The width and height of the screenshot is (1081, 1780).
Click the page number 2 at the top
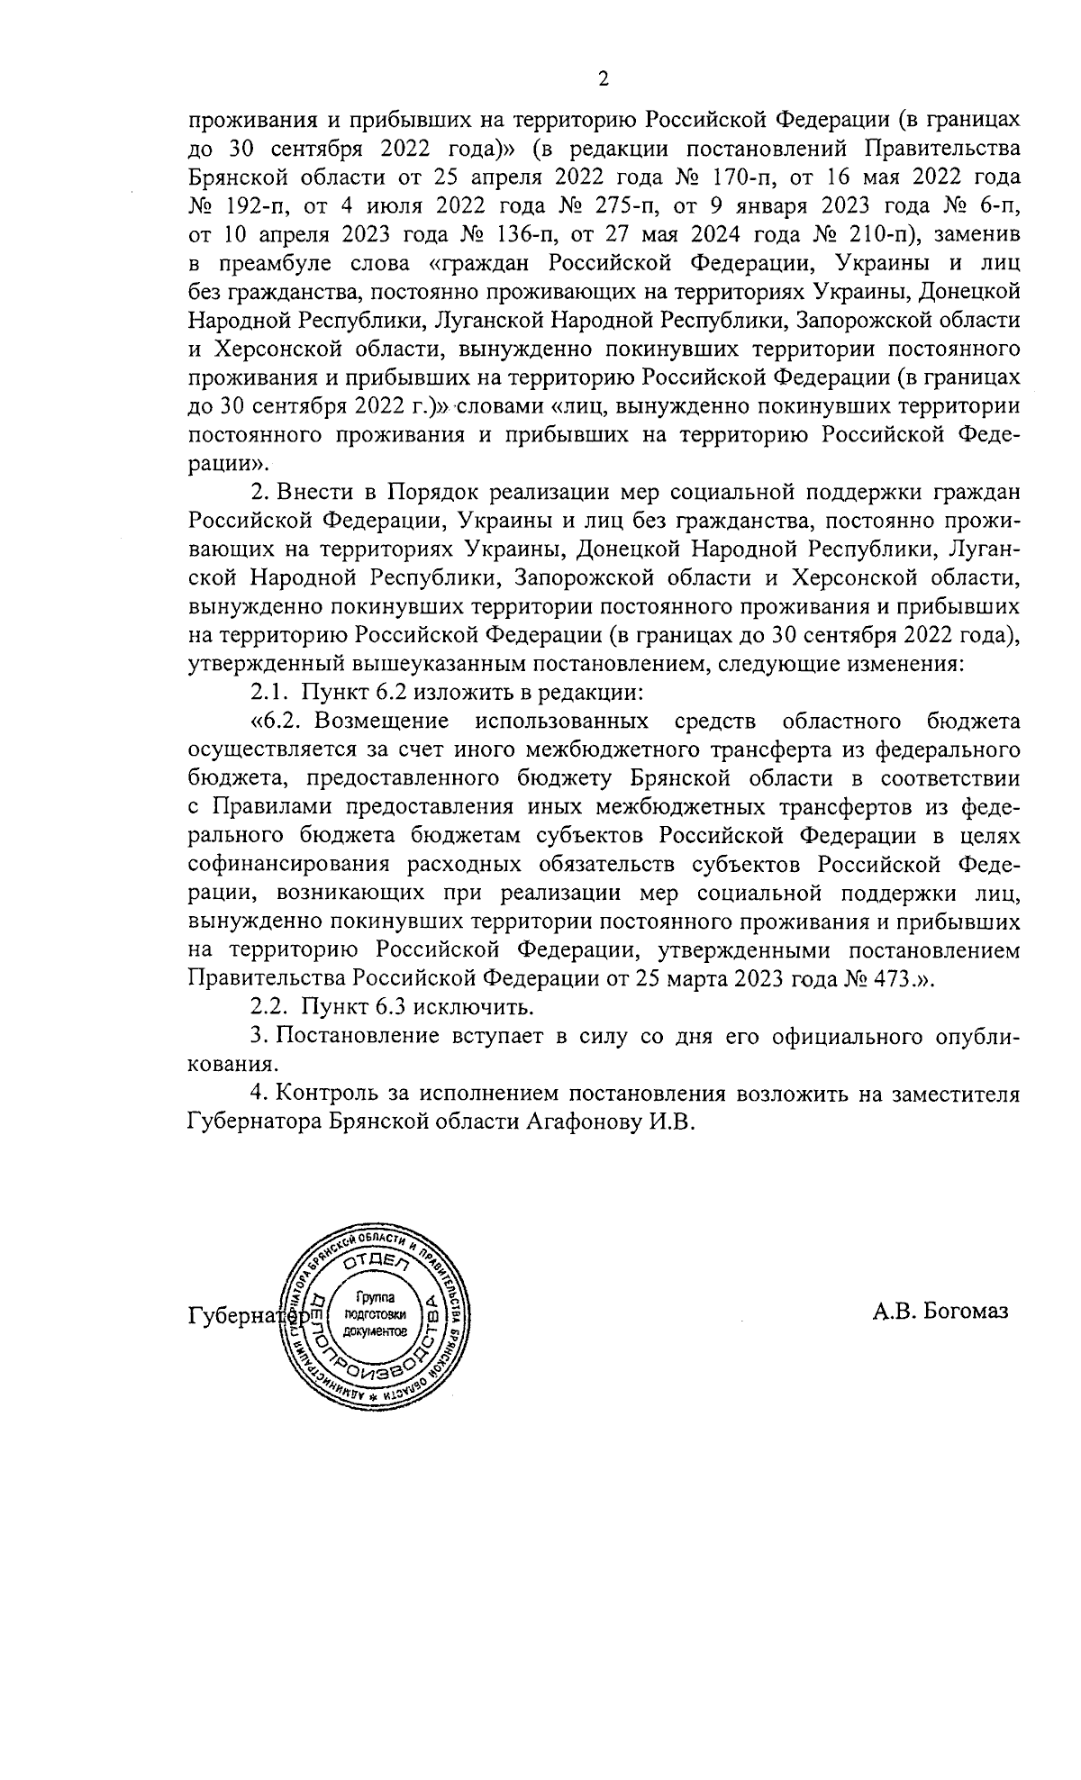604,80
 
